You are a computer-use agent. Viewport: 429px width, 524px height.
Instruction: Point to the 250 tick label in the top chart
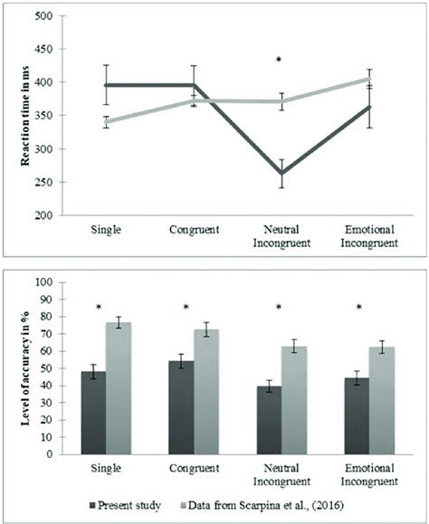[43, 182]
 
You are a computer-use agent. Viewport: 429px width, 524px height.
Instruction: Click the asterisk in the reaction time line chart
[279, 60]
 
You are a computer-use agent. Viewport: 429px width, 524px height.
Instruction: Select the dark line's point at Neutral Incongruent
[281, 173]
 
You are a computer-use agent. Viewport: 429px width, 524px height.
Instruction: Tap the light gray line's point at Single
[106, 122]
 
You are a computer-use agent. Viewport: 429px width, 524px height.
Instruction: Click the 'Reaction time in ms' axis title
[25, 116]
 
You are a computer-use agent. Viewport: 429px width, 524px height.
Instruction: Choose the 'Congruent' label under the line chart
[194, 230]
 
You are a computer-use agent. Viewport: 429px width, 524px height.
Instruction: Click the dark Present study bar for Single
[93, 413]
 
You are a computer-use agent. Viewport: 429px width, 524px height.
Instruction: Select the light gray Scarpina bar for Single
[119, 388]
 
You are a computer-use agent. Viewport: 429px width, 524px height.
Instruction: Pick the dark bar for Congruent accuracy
[181, 407]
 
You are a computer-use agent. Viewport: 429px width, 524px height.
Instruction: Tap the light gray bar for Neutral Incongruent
[294, 400]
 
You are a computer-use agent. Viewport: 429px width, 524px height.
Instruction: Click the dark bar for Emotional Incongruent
[357, 416]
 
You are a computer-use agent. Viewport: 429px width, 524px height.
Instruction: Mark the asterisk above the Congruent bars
[186, 307]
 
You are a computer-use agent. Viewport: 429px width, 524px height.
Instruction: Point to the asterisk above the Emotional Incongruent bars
[358, 307]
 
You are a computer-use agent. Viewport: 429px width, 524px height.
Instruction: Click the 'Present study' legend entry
[125, 505]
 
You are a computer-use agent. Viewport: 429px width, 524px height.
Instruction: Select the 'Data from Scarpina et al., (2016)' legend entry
[262, 505]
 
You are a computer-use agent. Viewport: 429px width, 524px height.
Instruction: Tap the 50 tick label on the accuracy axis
[47, 368]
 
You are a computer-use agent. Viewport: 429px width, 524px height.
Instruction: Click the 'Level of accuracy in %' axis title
[25, 368]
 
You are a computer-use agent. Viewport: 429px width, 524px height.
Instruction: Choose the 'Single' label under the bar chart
[106, 468]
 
